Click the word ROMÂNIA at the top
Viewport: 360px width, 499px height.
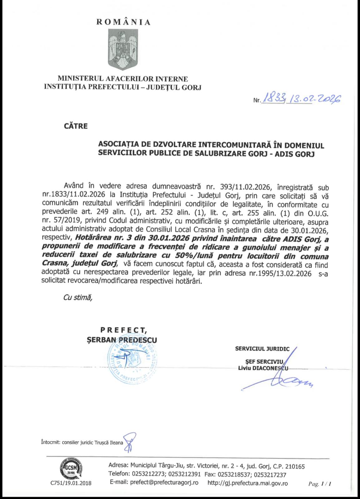(124, 22)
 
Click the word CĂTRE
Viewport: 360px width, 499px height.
(75, 126)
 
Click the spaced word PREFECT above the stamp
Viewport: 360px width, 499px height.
(124, 330)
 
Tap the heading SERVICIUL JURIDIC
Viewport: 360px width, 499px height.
(262, 349)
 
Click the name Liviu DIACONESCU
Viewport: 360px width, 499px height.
(263, 368)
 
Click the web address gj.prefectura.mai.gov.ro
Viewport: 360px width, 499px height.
(247, 483)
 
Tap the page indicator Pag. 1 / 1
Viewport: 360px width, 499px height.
(319, 484)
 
